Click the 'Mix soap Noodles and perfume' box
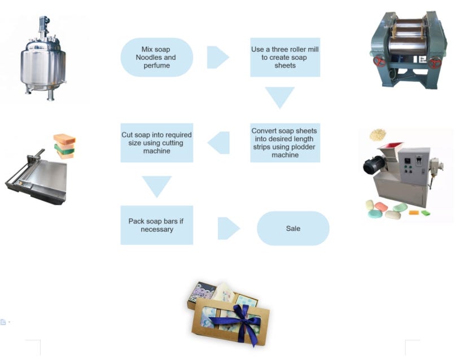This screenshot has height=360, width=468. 156,57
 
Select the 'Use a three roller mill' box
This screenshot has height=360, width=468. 285,57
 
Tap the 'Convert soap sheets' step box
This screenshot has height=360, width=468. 285,143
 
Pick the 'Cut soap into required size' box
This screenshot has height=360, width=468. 156,143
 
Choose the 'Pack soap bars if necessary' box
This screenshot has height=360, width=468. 156,225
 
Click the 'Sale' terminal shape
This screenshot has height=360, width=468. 292,229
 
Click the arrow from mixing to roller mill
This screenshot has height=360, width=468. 217,57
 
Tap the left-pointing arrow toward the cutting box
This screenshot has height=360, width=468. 220,143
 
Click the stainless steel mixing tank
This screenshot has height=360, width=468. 43,68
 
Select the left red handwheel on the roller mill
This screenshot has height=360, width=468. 378,61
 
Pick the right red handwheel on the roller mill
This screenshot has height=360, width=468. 435,63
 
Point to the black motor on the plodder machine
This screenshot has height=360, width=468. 371,164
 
